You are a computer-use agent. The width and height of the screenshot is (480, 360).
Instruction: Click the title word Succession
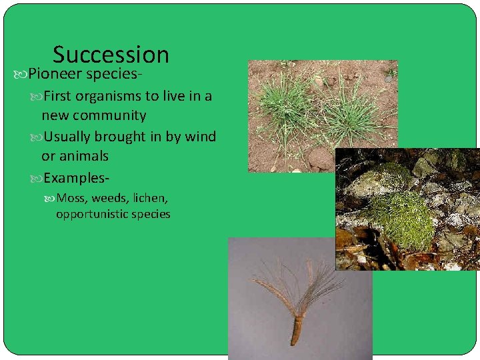tap(111, 55)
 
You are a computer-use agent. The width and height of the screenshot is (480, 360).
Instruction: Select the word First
tap(57, 96)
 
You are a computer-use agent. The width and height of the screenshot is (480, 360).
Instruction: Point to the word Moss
tap(71, 198)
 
